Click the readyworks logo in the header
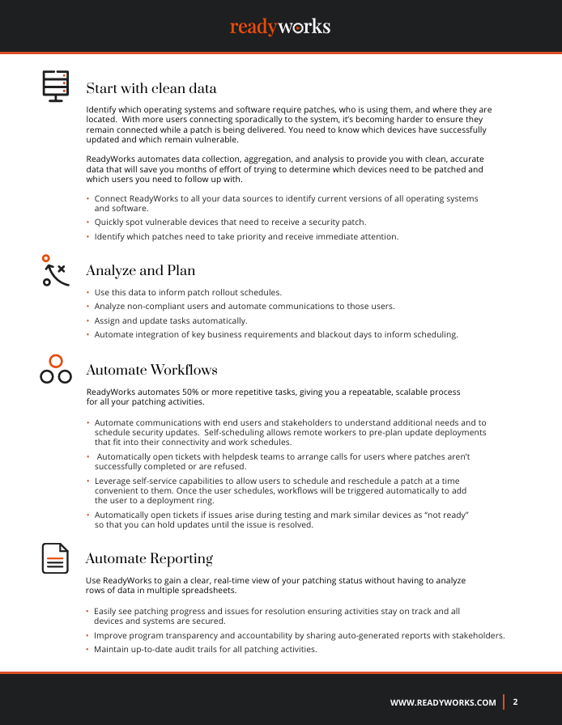point(280,27)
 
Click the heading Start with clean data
point(151,88)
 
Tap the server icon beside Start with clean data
point(56,86)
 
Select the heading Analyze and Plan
point(140,270)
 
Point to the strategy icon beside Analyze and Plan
point(54,271)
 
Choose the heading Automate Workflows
point(151,371)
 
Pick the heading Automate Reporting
point(149,559)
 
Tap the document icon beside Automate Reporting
point(55,558)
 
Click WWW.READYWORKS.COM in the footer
point(443,702)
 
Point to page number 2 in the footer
point(515,702)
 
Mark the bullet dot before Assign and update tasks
point(88,321)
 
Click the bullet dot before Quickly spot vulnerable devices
point(88,223)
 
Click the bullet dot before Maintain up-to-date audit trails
point(88,650)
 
